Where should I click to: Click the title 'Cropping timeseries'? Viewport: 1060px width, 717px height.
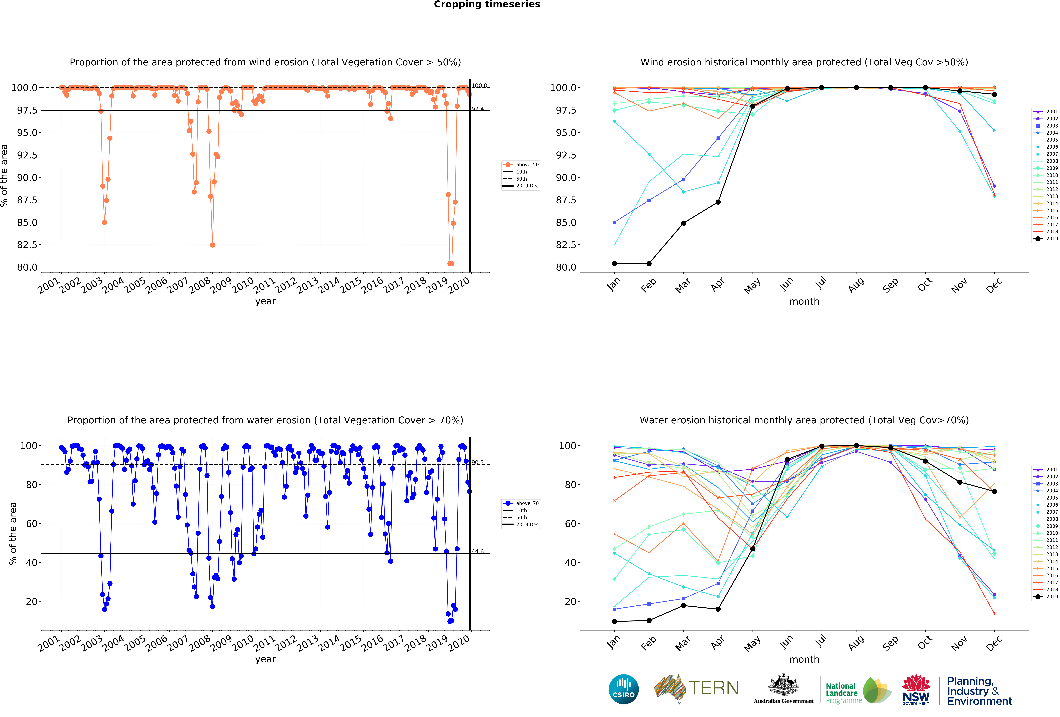click(487, 5)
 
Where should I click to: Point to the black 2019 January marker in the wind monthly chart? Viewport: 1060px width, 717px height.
click(614, 263)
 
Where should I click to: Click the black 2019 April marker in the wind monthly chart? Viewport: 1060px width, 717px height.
click(718, 202)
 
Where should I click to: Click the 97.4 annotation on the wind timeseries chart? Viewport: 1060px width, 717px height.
click(478, 109)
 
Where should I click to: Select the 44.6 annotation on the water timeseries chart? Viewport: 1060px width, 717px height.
click(478, 551)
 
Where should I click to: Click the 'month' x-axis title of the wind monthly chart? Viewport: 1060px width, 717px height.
click(804, 302)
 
